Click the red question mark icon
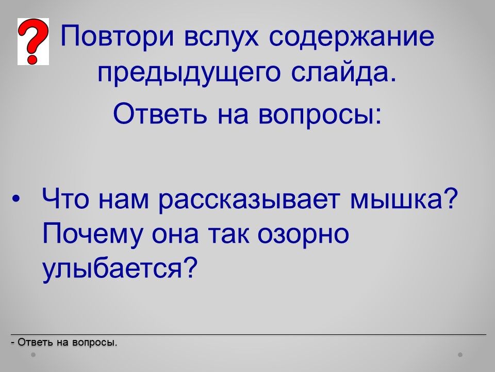33,41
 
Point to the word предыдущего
189,73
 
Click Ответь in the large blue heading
160,113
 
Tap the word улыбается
120,268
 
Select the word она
175,236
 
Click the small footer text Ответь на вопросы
64,342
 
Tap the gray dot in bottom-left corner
33,354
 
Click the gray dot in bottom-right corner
460,354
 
